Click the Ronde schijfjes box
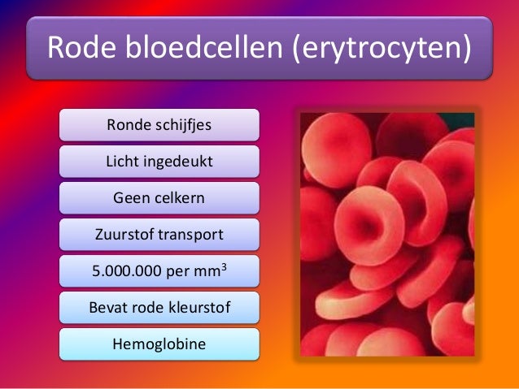pyautogui.click(x=159, y=125)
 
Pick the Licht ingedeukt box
pyautogui.click(x=159, y=162)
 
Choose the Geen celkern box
pyautogui.click(x=159, y=198)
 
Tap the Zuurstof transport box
pyautogui.click(x=159, y=235)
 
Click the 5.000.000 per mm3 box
pyautogui.click(x=159, y=271)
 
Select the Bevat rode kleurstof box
pyautogui.click(x=159, y=308)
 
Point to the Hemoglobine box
pyautogui.click(x=159, y=344)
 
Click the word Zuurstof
pyautogui.click(x=123, y=236)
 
